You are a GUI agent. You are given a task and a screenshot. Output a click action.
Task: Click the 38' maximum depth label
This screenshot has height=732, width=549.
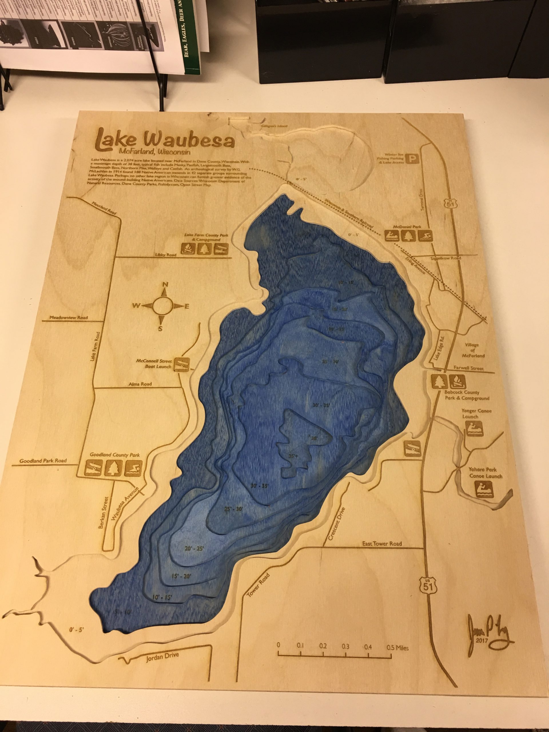313,438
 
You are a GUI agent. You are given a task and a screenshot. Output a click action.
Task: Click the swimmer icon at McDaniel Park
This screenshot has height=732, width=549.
425,236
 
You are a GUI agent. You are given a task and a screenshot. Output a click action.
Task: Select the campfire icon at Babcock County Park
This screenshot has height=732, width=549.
458,381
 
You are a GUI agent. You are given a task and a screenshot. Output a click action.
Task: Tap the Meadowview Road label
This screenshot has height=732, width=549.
69,318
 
